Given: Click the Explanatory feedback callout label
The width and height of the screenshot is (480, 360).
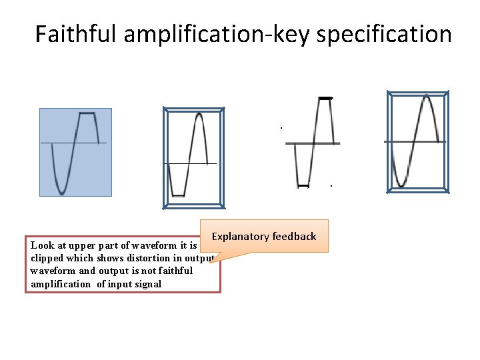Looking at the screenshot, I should click(x=264, y=236).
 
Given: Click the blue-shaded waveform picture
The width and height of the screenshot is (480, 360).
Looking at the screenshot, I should click(x=75, y=152).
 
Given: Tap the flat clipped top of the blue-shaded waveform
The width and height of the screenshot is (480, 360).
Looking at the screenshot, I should click(x=87, y=114).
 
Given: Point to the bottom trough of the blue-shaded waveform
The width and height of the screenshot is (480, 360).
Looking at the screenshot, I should click(x=61, y=192).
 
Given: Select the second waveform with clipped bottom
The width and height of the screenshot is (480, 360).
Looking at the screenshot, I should click(x=194, y=158).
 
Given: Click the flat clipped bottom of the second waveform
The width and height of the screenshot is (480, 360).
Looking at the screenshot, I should click(x=177, y=195).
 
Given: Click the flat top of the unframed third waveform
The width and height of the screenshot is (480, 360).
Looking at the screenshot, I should click(x=325, y=99).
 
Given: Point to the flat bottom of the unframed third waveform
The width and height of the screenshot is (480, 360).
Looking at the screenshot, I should click(x=303, y=185).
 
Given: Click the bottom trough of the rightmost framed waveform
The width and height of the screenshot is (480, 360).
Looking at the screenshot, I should click(x=401, y=185).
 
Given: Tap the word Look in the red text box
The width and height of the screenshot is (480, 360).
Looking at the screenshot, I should click(x=41, y=245).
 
